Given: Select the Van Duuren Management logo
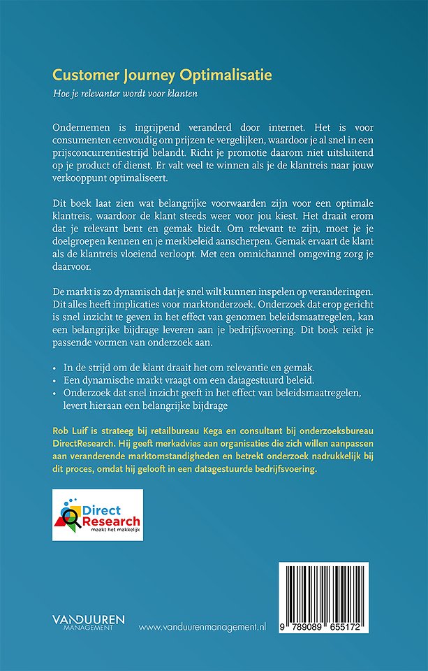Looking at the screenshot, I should click(89, 622).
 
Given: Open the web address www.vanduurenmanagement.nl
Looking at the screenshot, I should click(202, 628).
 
